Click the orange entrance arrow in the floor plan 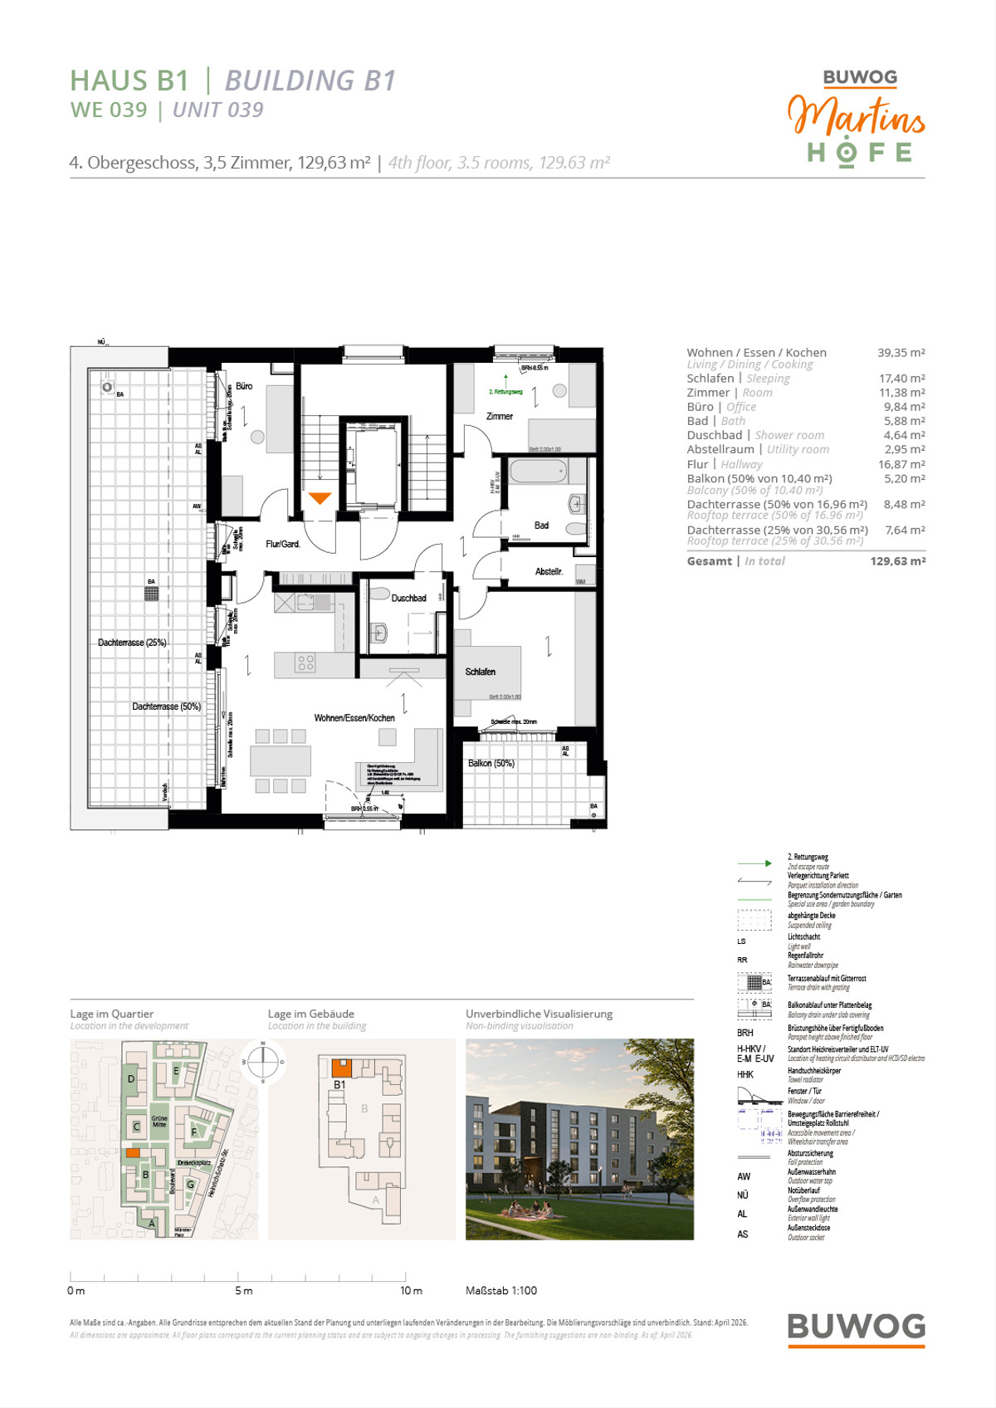(320, 498)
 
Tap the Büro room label (244, 386)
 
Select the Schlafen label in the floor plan (480, 672)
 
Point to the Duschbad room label (408, 598)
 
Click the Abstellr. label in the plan (549, 571)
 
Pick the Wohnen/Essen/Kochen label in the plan (354, 718)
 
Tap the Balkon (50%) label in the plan (491, 763)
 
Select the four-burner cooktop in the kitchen (305, 662)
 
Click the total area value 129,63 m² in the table (897, 561)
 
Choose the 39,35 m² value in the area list (901, 353)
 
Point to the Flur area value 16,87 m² (901, 465)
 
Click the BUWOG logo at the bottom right (856, 1327)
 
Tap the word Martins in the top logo (856, 116)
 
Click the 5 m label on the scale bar (243, 1291)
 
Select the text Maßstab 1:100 (501, 1291)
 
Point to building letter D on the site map (131, 1079)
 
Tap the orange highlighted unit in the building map (341, 1068)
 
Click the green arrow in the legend (754, 863)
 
